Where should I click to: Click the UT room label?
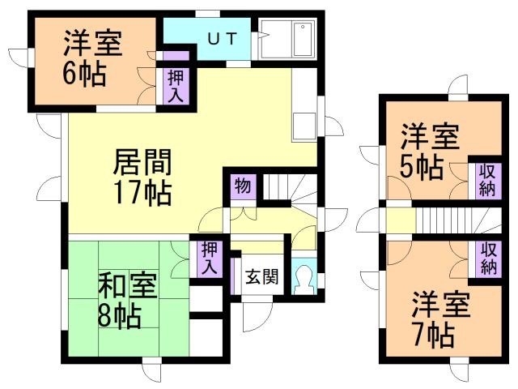click(x=223, y=39)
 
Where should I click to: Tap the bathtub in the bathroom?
click(x=303, y=39)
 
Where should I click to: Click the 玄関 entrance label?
click(x=262, y=276)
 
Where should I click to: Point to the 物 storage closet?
click(x=243, y=187)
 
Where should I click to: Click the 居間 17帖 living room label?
click(x=142, y=177)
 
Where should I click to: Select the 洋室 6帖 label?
click(x=93, y=58)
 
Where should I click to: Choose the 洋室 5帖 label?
click(x=430, y=152)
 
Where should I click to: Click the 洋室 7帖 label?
click(x=440, y=319)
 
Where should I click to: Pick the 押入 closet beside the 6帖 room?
click(x=176, y=87)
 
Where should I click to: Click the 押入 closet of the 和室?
click(x=210, y=259)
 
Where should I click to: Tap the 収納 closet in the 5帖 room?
click(x=488, y=181)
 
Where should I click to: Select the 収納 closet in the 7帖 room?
click(x=489, y=259)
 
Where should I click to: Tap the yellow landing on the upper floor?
click(x=401, y=220)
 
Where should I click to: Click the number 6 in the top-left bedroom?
click(x=70, y=74)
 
